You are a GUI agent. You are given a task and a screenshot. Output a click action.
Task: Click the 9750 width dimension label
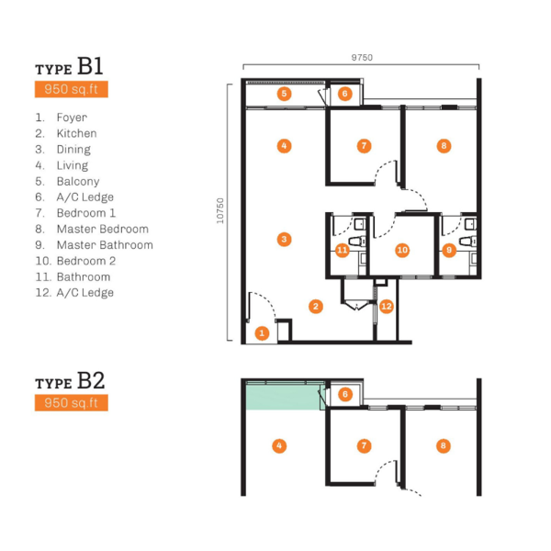click(x=362, y=57)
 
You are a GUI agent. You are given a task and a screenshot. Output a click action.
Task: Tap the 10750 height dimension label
click(x=220, y=211)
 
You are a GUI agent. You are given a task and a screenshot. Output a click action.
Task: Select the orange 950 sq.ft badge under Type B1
click(x=72, y=89)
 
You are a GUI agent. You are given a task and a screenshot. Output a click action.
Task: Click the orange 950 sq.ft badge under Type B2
click(x=72, y=403)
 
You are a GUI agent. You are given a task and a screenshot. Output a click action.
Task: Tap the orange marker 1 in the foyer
click(x=262, y=333)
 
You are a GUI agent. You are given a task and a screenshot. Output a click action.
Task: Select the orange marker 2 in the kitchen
click(x=316, y=307)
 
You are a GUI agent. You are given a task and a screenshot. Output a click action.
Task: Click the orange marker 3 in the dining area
click(x=284, y=240)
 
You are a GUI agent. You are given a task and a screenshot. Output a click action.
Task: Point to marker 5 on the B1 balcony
click(x=284, y=94)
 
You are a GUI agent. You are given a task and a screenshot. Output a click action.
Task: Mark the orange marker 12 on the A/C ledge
click(x=387, y=307)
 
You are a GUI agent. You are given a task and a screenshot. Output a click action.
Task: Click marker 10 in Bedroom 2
click(x=402, y=250)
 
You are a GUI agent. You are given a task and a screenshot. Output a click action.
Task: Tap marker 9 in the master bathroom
click(x=449, y=250)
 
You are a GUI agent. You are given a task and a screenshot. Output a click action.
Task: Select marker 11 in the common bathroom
click(x=342, y=250)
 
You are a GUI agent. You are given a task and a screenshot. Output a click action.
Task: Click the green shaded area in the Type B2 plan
click(x=285, y=398)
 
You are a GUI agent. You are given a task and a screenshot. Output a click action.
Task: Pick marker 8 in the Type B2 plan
click(x=444, y=446)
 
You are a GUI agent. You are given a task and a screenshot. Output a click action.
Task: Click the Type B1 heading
click(x=69, y=66)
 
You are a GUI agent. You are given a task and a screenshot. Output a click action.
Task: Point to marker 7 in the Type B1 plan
click(x=364, y=146)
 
